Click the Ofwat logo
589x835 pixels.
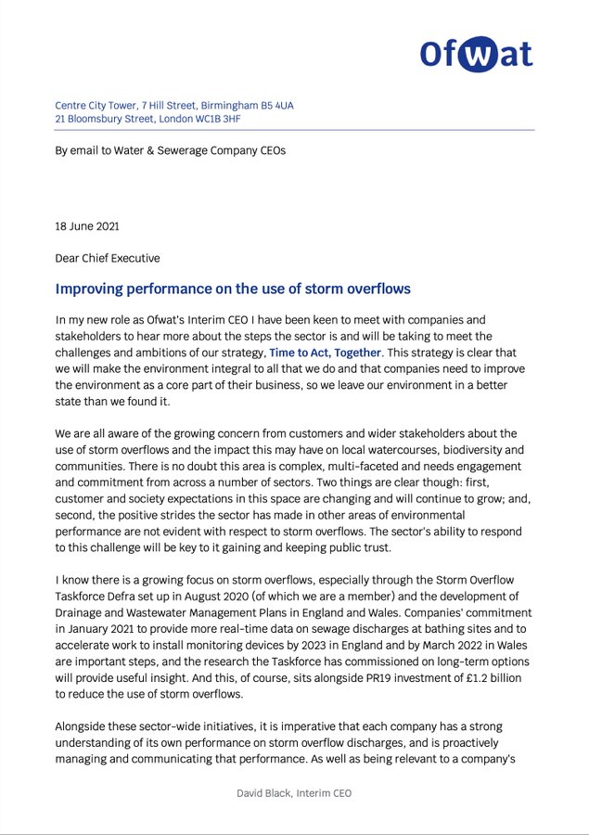(x=475, y=54)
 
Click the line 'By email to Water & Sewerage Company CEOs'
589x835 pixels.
(x=170, y=150)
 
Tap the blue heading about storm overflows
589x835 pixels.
(x=233, y=289)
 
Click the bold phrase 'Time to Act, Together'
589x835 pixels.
(x=325, y=353)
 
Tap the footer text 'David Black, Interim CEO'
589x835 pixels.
(x=293, y=793)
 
